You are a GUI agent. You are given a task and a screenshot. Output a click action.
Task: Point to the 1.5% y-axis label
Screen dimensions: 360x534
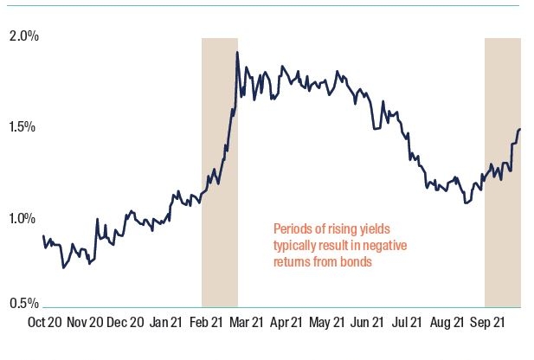(24, 127)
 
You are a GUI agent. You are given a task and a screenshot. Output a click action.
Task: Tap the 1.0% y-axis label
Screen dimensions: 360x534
(24, 218)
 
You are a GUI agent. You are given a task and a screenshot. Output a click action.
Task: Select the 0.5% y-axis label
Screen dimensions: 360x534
(24, 304)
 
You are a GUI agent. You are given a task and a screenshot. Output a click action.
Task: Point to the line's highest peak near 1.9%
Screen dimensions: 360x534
(237, 53)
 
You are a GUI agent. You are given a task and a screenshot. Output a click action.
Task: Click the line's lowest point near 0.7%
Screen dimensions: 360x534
(63, 267)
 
